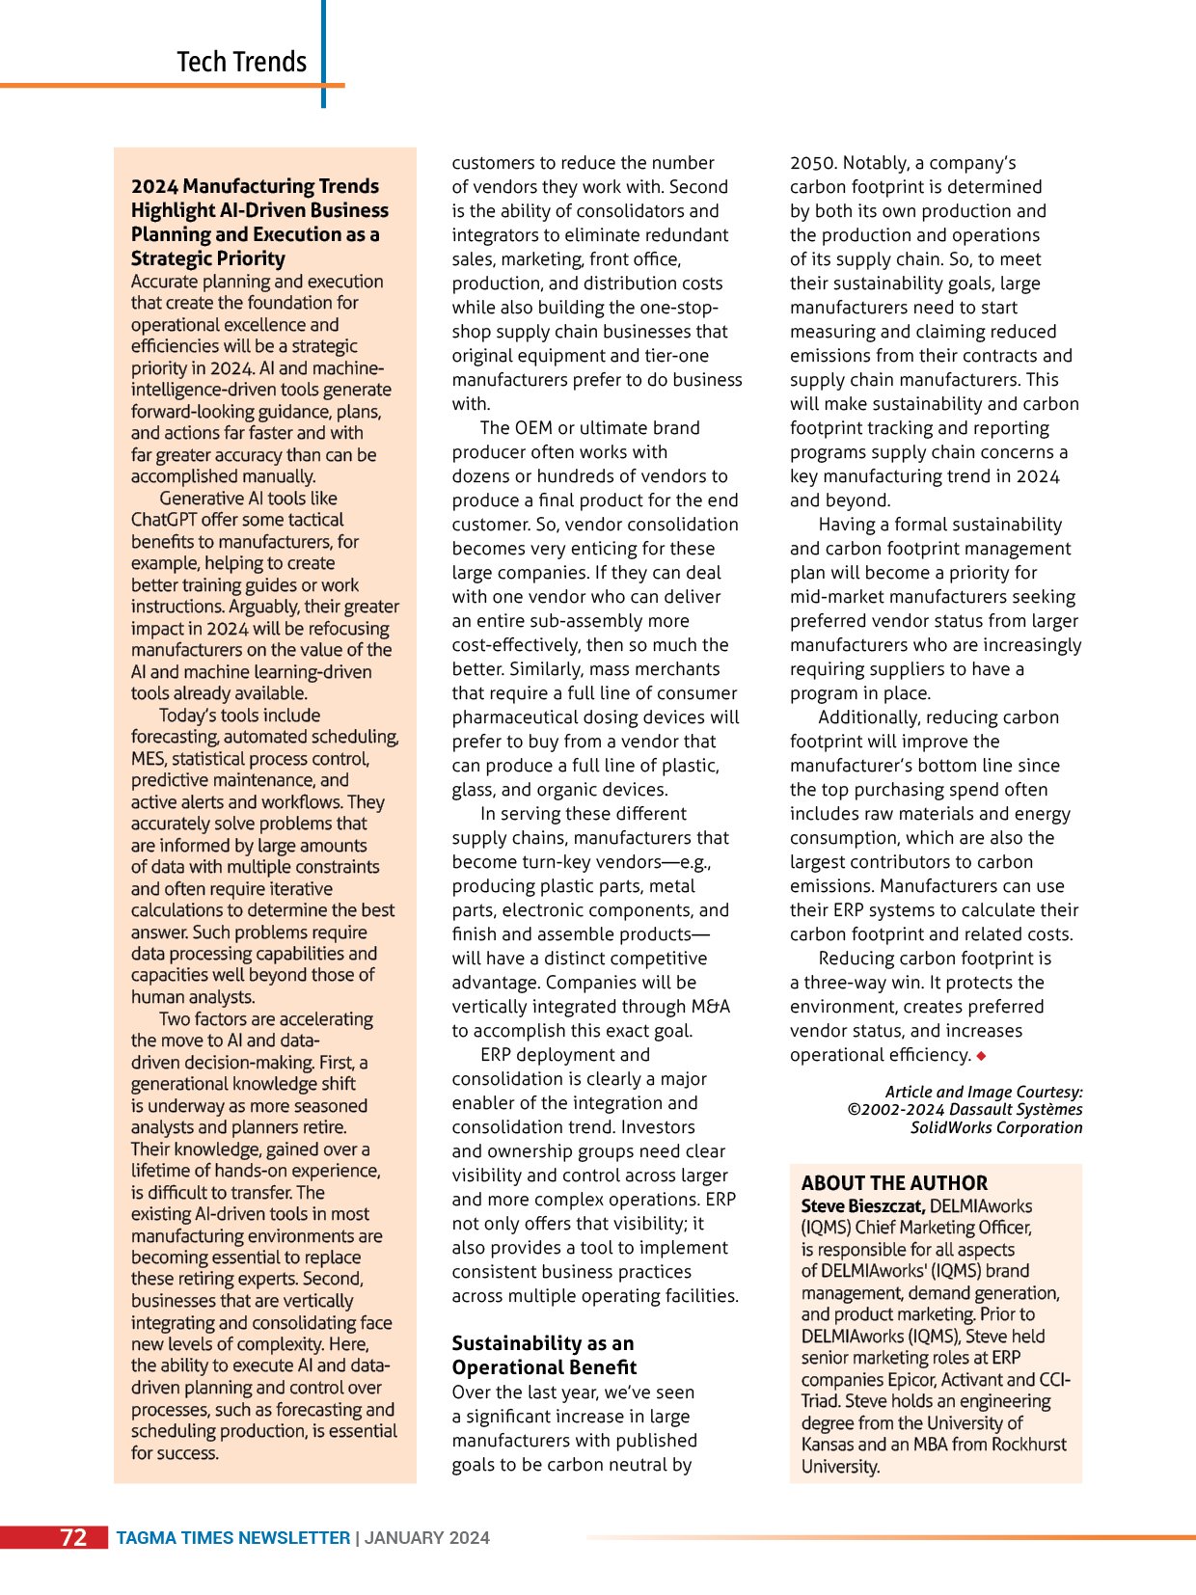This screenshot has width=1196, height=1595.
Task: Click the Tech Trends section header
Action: (x=241, y=62)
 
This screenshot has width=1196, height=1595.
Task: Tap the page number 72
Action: (x=73, y=1537)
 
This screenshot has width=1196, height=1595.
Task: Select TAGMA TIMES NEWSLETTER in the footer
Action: (x=233, y=1538)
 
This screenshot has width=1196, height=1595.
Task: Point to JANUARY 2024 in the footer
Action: (x=426, y=1538)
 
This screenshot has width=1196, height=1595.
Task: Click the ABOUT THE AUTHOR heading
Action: (x=894, y=1183)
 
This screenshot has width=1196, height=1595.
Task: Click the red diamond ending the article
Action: (x=981, y=1056)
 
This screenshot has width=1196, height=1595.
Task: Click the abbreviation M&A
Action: (x=710, y=1007)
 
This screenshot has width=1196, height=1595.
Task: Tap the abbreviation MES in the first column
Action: (x=148, y=759)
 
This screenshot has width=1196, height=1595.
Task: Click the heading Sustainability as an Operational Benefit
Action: (x=543, y=1355)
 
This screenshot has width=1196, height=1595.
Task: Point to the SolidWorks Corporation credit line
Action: (x=996, y=1127)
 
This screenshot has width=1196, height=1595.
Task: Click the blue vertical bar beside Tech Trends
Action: (x=323, y=53)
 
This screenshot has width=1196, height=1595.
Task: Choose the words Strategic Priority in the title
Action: (x=208, y=258)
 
